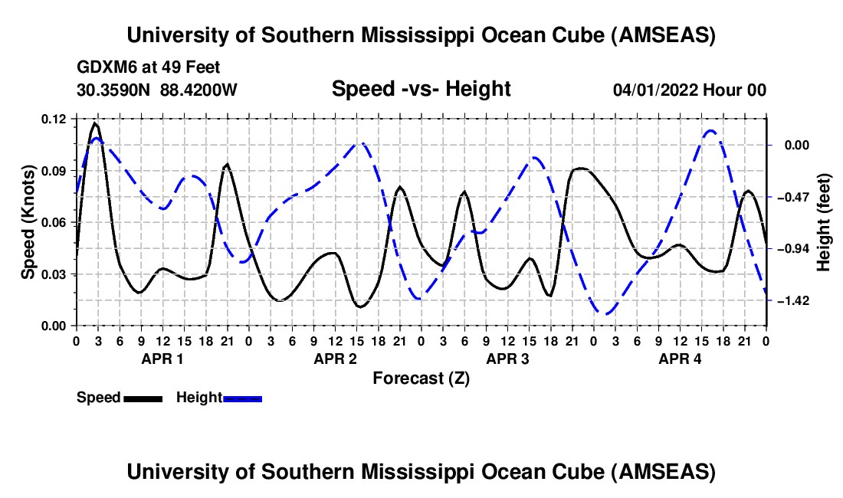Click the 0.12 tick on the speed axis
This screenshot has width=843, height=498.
click(54, 119)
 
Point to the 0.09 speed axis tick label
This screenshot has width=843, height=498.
click(54, 171)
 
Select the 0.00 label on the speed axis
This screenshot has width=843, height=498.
click(54, 326)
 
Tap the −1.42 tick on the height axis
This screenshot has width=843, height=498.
click(792, 300)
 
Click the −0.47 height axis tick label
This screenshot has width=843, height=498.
click(792, 197)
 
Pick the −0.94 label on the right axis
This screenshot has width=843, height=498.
click(792, 249)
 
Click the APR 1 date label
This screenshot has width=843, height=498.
click(162, 359)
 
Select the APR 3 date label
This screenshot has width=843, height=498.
click(507, 359)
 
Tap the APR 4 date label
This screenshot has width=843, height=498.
click(680, 359)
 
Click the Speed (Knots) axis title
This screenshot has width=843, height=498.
click(28, 222)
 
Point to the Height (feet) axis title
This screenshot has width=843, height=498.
click(824, 222)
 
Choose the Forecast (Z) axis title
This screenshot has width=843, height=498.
click(421, 378)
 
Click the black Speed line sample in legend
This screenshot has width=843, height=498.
click(143, 398)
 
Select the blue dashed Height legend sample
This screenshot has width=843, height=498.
click(243, 398)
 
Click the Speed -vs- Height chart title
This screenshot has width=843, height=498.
click(421, 89)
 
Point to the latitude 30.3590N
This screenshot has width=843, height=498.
click(114, 90)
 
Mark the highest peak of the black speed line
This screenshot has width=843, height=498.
click(95, 123)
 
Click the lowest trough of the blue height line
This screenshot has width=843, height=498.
click(606, 313)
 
